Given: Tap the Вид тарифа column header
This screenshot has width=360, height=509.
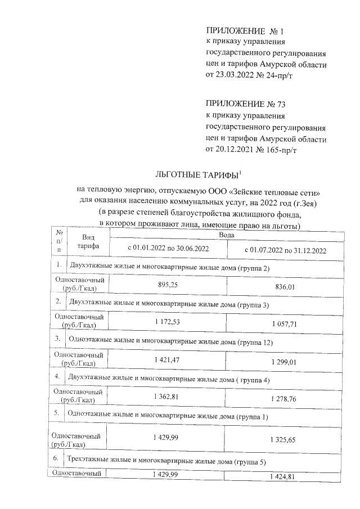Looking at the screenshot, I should point(88,242).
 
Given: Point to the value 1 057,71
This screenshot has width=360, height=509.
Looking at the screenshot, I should point(283,325).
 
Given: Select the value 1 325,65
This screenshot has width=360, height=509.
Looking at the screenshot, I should point(283,438).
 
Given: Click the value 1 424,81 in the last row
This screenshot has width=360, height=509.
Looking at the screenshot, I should point(283,477).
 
